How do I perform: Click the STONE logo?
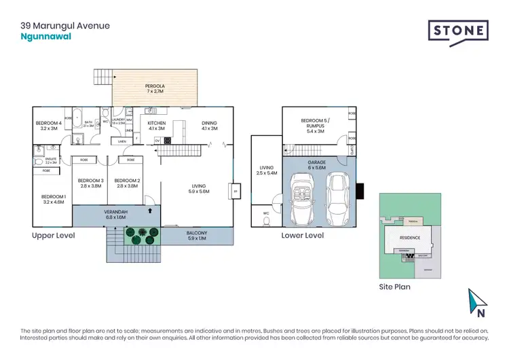pos(458,32)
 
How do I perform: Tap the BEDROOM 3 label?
pos(90,182)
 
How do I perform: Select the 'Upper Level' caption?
pos(53,235)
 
